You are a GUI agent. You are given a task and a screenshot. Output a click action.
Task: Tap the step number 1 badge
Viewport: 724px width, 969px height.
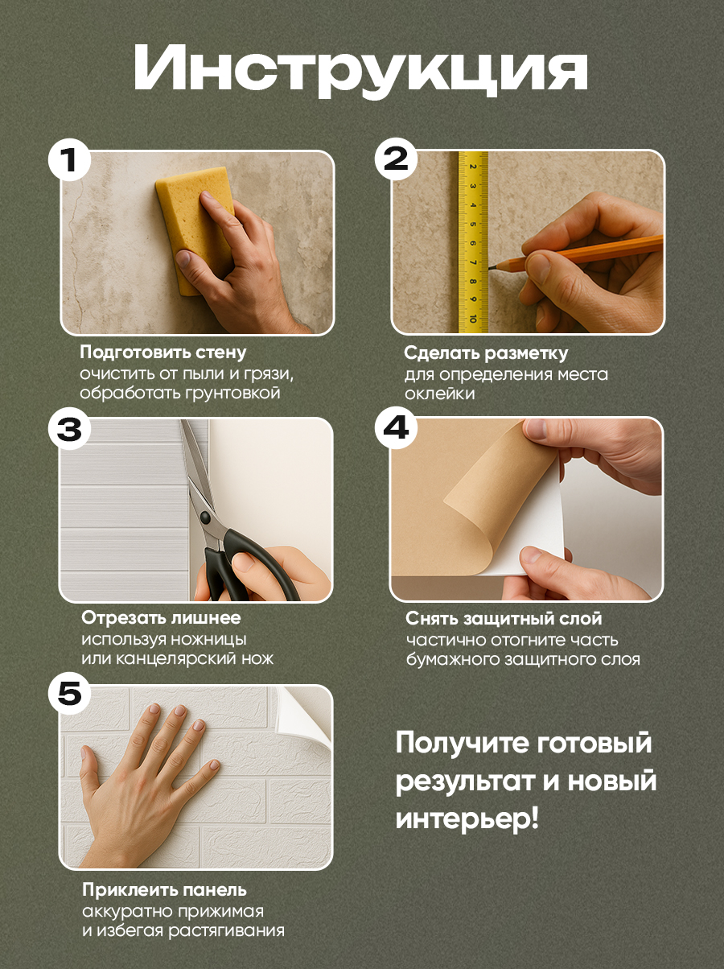tap(69, 160)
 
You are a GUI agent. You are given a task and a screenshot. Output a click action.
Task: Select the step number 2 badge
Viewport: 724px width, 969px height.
tap(396, 159)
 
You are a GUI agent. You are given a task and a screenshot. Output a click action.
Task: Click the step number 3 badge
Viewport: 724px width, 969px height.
tap(69, 429)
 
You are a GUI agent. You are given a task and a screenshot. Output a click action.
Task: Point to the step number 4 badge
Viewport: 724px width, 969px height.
tap(397, 428)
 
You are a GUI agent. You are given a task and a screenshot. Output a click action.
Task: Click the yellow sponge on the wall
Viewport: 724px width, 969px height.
tap(195, 229)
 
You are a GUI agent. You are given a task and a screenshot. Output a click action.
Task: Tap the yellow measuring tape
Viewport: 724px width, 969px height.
tap(473, 242)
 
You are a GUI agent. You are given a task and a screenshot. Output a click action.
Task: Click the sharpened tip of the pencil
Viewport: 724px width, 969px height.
tap(490, 267)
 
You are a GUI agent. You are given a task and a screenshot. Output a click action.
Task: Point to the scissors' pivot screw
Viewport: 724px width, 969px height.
tap(204, 517)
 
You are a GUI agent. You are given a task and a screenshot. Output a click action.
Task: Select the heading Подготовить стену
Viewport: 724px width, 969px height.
tap(163, 353)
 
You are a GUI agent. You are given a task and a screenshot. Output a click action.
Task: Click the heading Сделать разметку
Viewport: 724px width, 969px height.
tap(486, 353)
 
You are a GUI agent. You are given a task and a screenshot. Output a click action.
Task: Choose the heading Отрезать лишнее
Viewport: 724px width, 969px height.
tap(161, 618)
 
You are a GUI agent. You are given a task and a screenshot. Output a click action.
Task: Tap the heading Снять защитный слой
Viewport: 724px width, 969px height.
tap(504, 619)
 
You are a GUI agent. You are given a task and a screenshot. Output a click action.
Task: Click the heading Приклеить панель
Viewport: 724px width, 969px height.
tap(165, 890)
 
